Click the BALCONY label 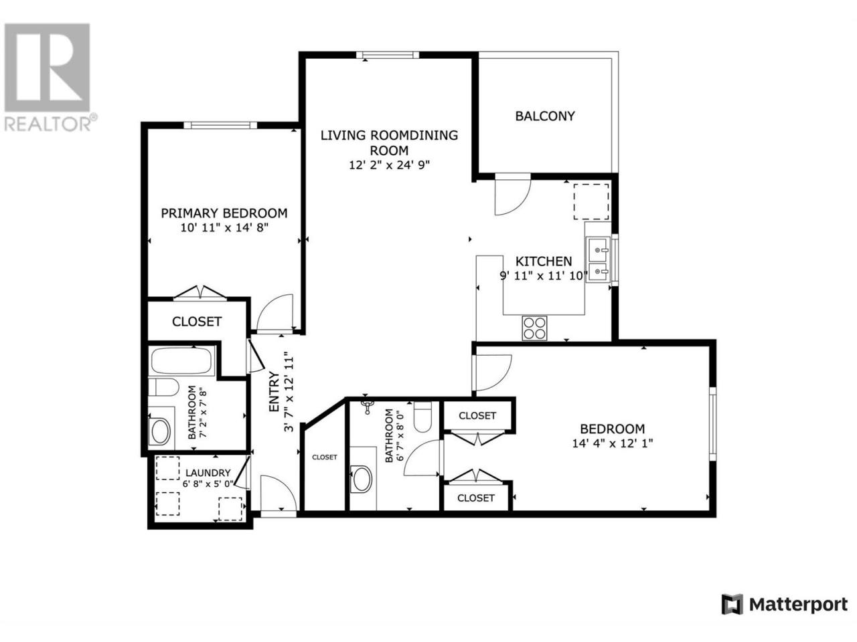coord(544,116)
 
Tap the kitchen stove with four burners coord(534,328)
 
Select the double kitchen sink coord(597,258)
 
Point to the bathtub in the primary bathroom coord(181,360)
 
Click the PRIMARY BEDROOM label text coord(224,213)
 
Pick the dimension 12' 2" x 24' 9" coord(389,165)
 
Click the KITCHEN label coord(544,261)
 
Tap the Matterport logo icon coord(732,615)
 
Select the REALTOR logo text coord(48,124)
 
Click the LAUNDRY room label coord(208,473)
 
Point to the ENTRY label coord(275,391)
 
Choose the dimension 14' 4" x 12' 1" coord(613,443)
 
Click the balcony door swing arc coord(520,205)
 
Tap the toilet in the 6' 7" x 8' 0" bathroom coord(422,417)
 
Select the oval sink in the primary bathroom coord(161,432)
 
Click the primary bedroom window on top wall coord(220,125)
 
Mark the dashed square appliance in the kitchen coord(591,202)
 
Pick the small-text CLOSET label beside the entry coord(325,457)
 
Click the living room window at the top coord(388,55)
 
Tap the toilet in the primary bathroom coord(163,387)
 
